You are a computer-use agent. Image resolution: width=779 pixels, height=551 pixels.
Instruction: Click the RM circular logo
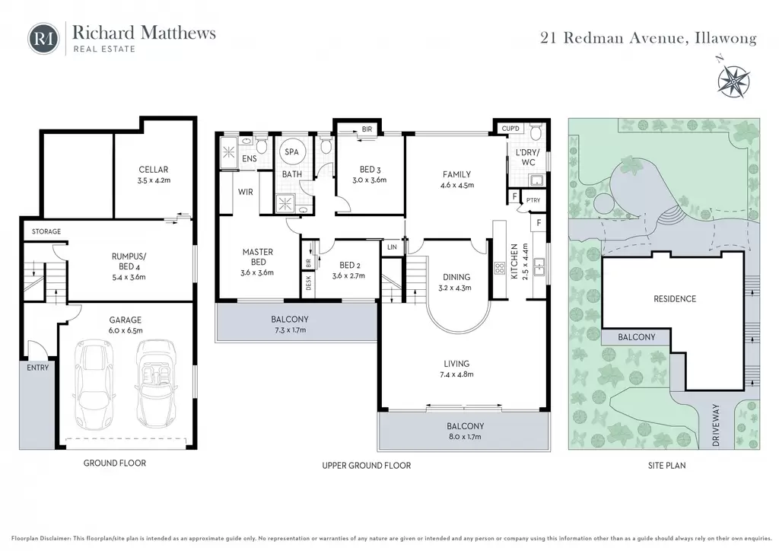pyautogui.click(x=43, y=38)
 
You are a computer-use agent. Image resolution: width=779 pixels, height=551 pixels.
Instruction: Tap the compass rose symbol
pyautogui.click(x=733, y=79)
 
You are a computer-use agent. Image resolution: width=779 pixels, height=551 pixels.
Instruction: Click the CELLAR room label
pyautogui.click(x=154, y=170)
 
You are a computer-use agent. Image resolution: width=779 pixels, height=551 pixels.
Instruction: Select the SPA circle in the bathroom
pyautogui.click(x=291, y=151)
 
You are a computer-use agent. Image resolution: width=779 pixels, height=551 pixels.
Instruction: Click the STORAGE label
pyautogui.click(x=46, y=231)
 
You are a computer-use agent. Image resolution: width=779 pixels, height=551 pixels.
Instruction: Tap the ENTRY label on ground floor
pyautogui.click(x=38, y=368)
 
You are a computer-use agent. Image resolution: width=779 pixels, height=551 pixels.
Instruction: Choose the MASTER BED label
pyautogui.click(x=258, y=257)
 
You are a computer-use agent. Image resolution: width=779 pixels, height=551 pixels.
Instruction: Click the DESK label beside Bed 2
pyautogui.click(x=309, y=283)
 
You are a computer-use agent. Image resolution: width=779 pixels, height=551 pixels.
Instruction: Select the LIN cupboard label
pyautogui.click(x=392, y=247)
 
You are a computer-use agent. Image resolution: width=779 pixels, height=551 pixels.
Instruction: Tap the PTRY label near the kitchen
pyautogui.click(x=533, y=200)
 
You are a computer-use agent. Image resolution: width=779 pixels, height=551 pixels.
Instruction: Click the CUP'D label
pyautogui.click(x=510, y=129)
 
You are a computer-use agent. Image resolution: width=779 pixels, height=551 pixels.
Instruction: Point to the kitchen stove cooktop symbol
pyautogui.click(x=499, y=269)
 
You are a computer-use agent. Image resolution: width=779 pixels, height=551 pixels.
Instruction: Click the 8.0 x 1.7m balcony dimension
pyautogui.click(x=465, y=437)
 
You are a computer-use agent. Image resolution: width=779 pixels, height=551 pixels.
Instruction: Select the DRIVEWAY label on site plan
pyautogui.click(x=716, y=425)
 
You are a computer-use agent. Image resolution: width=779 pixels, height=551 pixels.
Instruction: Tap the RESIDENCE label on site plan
pyautogui.click(x=675, y=298)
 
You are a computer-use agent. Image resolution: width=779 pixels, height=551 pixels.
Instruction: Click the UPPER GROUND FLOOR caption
pyautogui.click(x=367, y=466)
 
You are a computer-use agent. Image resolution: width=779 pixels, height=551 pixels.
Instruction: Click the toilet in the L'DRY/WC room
pyautogui.click(x=536, y=133)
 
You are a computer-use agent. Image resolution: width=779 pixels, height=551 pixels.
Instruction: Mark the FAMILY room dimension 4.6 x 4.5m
pyautogui.click(x=457, y=186)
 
